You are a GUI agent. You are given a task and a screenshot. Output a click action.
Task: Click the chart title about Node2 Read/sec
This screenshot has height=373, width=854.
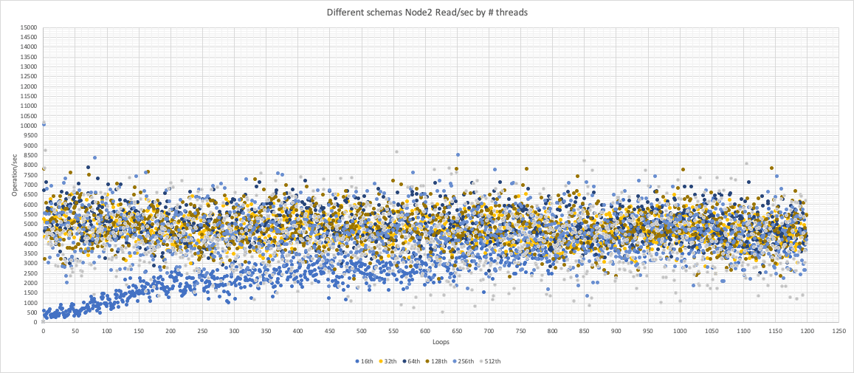427,13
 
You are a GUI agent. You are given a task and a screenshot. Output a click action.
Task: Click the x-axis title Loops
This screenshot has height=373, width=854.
441,342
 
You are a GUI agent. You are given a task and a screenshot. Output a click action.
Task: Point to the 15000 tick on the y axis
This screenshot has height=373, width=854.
29,28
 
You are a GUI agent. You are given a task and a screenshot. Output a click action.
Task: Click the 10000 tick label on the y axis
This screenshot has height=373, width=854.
29,126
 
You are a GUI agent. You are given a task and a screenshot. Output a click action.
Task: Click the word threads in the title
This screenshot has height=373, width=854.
512,13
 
